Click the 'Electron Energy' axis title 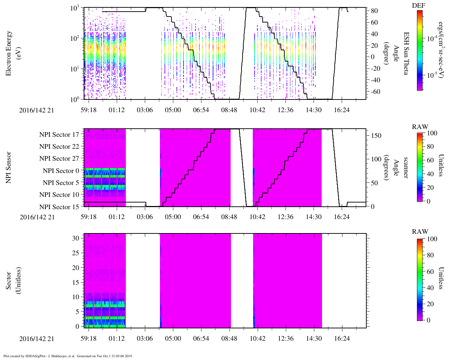click(8, 53)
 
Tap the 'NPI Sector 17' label click(59, 135)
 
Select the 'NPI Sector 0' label click(61, 171)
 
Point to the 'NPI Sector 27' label click(59, 158)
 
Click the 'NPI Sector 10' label click(59, 194)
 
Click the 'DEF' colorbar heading click(419, 5)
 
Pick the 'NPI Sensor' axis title click(8, 168)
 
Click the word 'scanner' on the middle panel click(406, 168)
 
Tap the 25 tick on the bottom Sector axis click(76, 253)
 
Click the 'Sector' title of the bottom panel click(8, 281)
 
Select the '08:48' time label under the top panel click(229, 110)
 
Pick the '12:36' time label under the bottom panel click(286, 338)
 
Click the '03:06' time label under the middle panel click(145, 217)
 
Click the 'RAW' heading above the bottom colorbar click(420, 232)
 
